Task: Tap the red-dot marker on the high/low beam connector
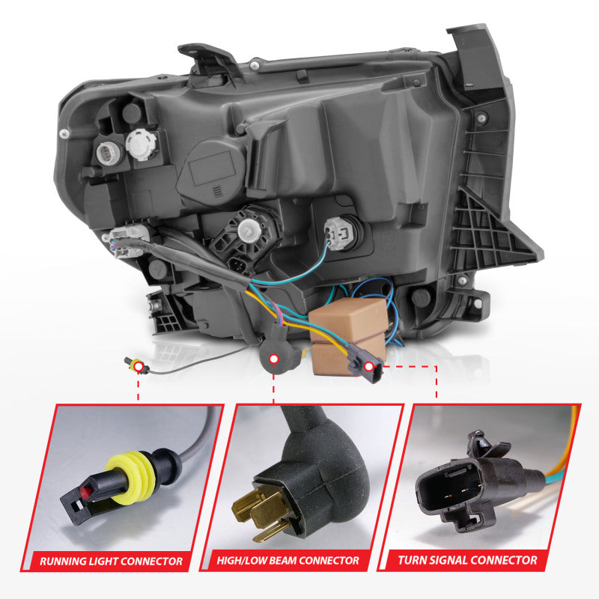[x=274, y=359]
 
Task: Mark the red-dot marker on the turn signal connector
[x=369, y=366]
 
